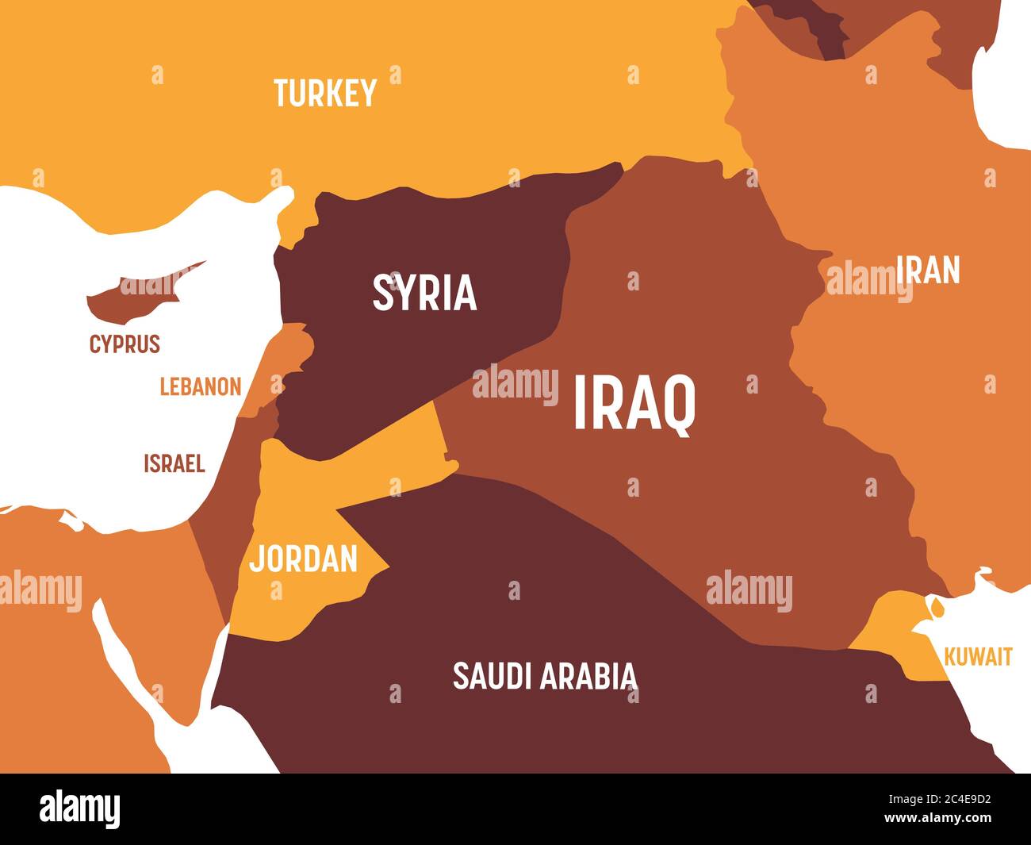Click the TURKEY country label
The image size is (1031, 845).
(325, 94)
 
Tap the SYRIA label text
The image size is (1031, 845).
(424, 292)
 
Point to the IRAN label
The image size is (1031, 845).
(928, 271)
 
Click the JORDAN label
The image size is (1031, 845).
(303, 559)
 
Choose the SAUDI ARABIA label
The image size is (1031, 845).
(544, 676)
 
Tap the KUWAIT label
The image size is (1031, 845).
(978, 657)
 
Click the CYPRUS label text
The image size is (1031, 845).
(125, 344)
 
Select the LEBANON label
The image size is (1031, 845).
(200, 387)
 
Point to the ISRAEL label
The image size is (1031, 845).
(174, 463)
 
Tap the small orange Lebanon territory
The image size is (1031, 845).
(274, 373)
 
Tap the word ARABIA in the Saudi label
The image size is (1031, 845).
(590, 676)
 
